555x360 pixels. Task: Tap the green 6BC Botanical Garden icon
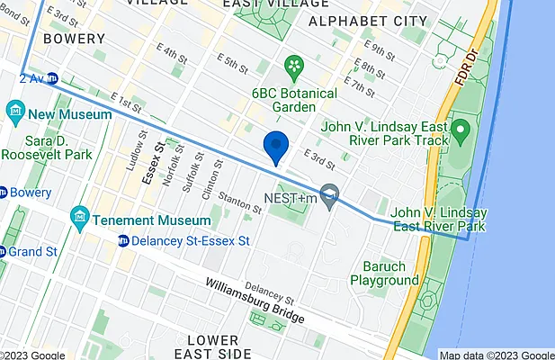(293, 66)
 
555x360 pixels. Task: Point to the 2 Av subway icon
(52, 78)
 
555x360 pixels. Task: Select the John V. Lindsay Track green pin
(460, 132)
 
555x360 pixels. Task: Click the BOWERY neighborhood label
(43, 40)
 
